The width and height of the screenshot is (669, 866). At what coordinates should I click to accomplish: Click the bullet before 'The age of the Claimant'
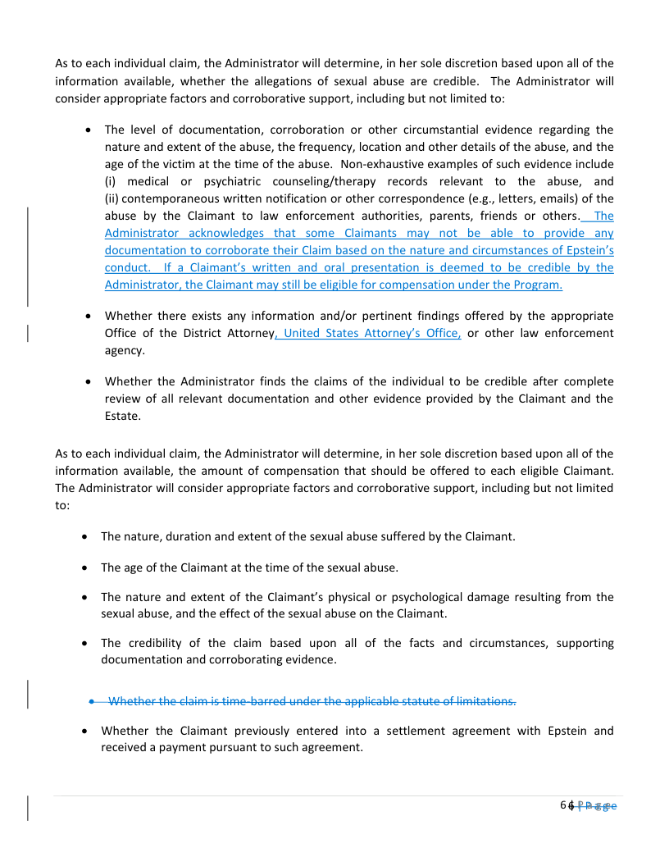click(x=87, y=567)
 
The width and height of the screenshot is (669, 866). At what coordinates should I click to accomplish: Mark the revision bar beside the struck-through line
click(x=30, y=694)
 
